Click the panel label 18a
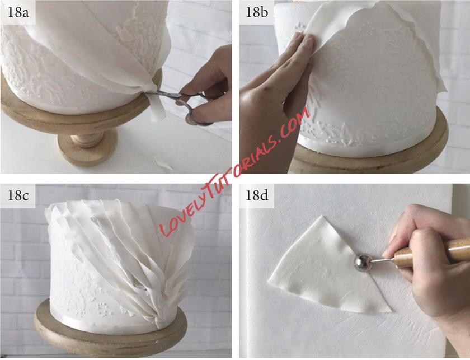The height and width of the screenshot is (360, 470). tap(18, 13)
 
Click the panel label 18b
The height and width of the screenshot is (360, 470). tap(257, 13)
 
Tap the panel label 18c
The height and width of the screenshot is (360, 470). tap(18, 195)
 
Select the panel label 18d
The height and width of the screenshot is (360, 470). tap(257, 195)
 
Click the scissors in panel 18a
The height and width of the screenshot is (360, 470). tap(180, 104)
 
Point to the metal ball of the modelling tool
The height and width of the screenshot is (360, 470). tap(363, 263)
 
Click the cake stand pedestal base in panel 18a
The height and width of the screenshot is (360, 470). tap(87, 147)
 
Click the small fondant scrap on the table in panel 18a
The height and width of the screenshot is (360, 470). tap(163, 163)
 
